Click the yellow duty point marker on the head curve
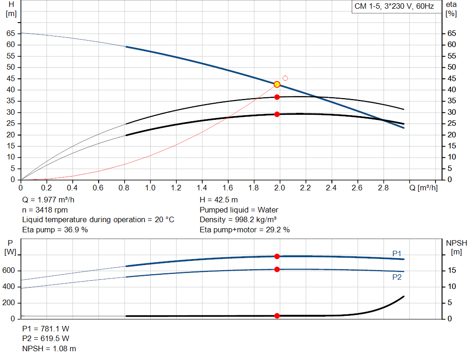(x=277, y=84)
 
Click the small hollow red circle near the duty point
(x=285, y=78)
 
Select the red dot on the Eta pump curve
(x=277, y=97)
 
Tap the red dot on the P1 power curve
(x=277, y=256)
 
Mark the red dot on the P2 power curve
(x=277, y=269)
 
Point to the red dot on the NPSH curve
(x=277, y=316)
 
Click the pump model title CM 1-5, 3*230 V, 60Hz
(x=394, y=7)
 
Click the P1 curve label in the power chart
(x=397, y=254)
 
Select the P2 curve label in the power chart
(x=397, y=277)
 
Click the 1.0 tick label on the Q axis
(x=150, y=188)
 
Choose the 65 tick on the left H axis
(x=11, y=33)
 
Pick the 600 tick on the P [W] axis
(x=9, y=271)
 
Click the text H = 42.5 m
(x=218, y=200)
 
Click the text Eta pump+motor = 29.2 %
(x=244, y=230)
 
